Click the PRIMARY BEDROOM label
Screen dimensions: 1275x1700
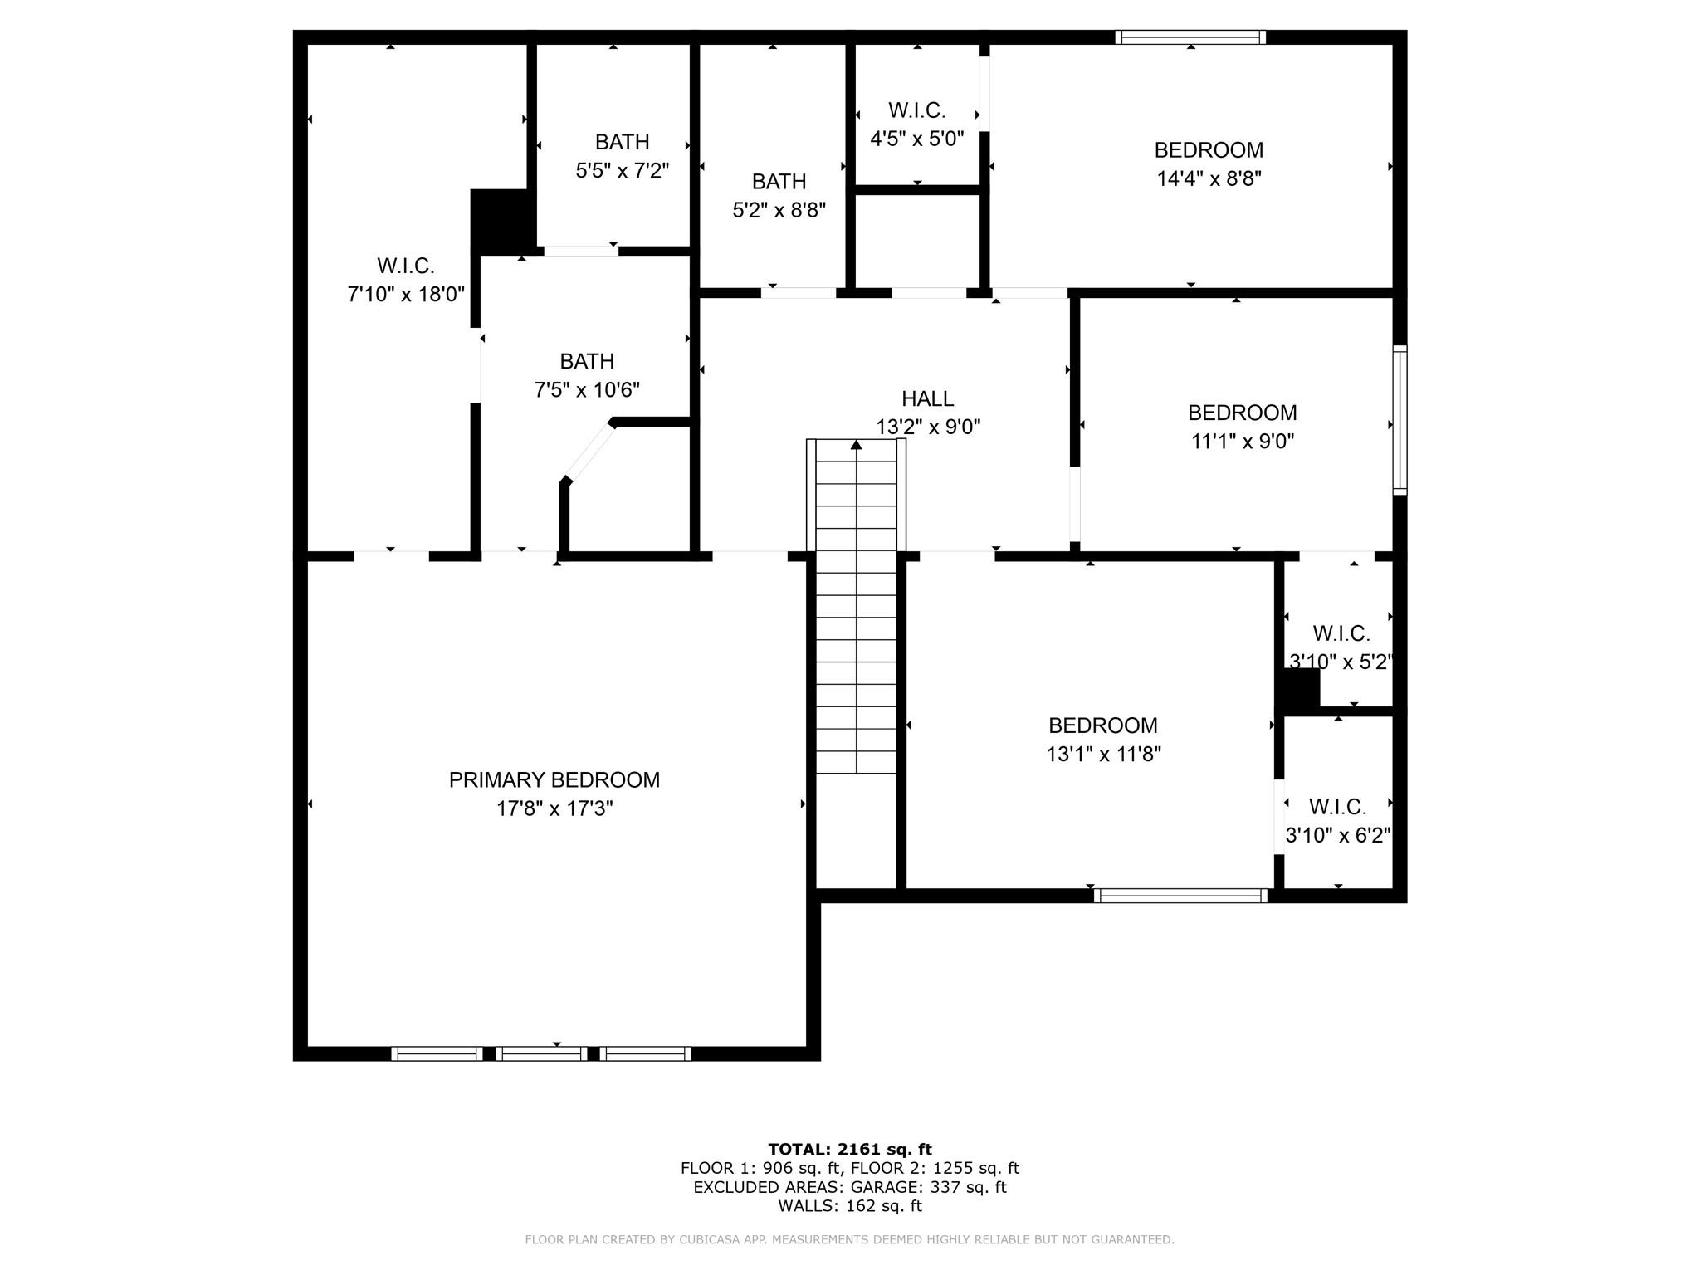pyautogui.click(x=554, y=780)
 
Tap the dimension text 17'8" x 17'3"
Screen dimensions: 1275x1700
pyautogui.click(x=554, y=808)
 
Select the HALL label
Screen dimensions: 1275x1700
pyautogui.click(x=927, y=399)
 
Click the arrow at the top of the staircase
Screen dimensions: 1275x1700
pyautogui.click(x=856, y=446)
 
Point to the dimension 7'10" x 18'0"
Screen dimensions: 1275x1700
pyautogui.click(x=405, y=294)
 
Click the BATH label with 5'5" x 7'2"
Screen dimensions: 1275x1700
pyautogui.click(x=622, y=142)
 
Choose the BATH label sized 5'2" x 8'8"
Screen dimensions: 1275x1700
pyautogui.click(x=779, y=182)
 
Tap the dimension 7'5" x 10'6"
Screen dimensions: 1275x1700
pyautogui.click(x=587, y=389)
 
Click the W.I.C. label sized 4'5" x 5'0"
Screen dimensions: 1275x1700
pyautogui.click(x=916, y=110)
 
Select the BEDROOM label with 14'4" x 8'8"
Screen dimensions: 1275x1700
pyautogui.click(x=1209, y=150)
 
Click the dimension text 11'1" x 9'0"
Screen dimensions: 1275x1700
pyautogui.click(x=1242, y=441)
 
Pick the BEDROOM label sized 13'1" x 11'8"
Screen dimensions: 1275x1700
pyautogui.click(x=1102, y=725)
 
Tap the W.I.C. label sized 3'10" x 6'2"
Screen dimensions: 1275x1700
pyautogui.click(x=1337, y=807)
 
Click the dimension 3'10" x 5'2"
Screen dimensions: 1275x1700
pyautogui.click(x=1340, y=662)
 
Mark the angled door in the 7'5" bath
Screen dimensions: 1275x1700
pyautogui.click(x=589, y=452)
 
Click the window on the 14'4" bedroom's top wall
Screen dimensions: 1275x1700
pyautogui.click(x=1190, y=37)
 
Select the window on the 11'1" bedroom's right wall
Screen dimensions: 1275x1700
pyautogui.click(x=1400, y=420)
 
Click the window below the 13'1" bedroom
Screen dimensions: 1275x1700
pyautogui.click(x=1180, y=896)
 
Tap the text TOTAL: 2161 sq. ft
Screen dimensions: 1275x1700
pyautogui.click(x=849, y=1150)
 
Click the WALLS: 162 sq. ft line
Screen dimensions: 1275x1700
pyautogui.click(x=849, y=1206)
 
